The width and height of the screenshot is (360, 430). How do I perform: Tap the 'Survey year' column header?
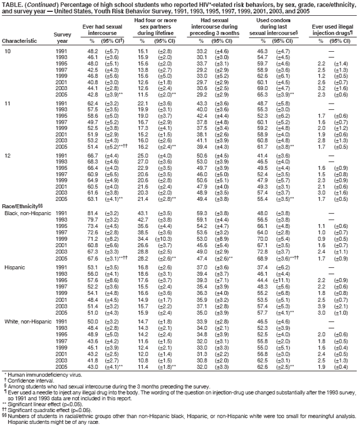61,38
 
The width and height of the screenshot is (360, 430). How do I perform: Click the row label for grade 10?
8,51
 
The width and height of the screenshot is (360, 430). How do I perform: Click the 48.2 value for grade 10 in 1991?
89,51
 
